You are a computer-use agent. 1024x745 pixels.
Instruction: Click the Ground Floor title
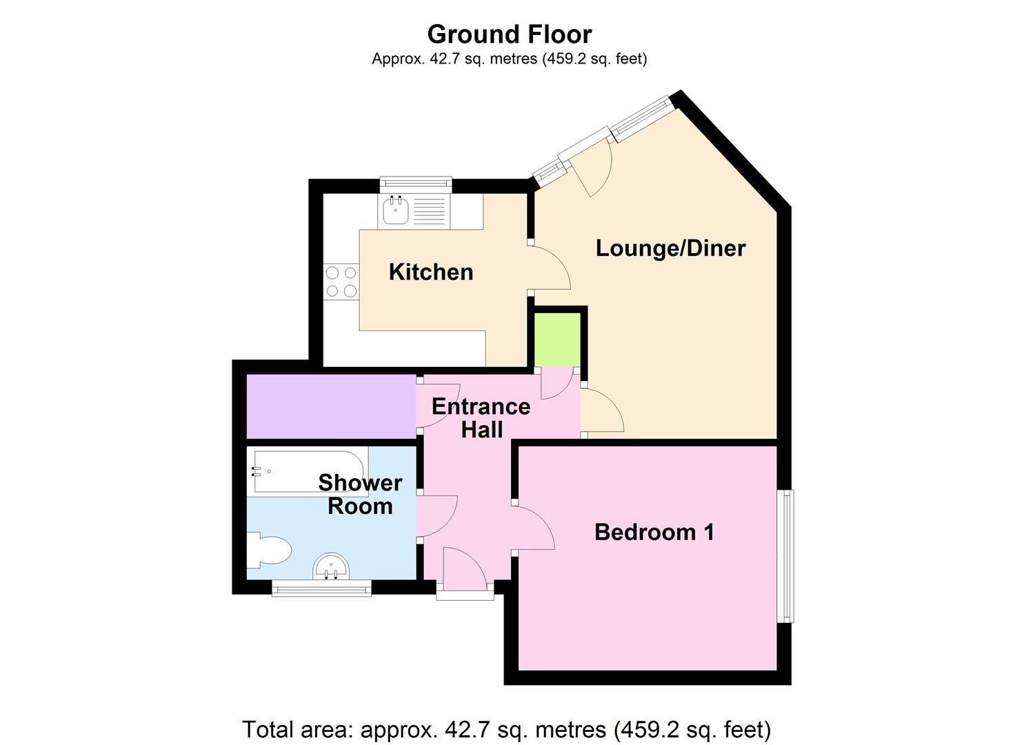point(509,34)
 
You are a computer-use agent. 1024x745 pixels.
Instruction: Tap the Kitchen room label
point(431,272)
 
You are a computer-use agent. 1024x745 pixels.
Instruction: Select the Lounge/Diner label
point(670,248)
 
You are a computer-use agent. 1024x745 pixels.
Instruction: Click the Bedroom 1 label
point(654,532)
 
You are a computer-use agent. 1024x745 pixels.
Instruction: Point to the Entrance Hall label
point(481,418)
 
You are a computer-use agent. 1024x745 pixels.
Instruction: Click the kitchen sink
point(396,210)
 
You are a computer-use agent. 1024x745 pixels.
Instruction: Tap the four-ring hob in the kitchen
point(341,282)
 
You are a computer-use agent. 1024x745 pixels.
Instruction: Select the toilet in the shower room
point(271,550)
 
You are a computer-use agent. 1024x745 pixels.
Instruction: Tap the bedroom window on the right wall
point(785,556)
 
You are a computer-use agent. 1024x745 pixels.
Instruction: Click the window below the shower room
point(321,588)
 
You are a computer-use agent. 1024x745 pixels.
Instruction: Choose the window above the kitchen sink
point(416,184)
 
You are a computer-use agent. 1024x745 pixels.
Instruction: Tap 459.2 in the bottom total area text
point(647,728)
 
